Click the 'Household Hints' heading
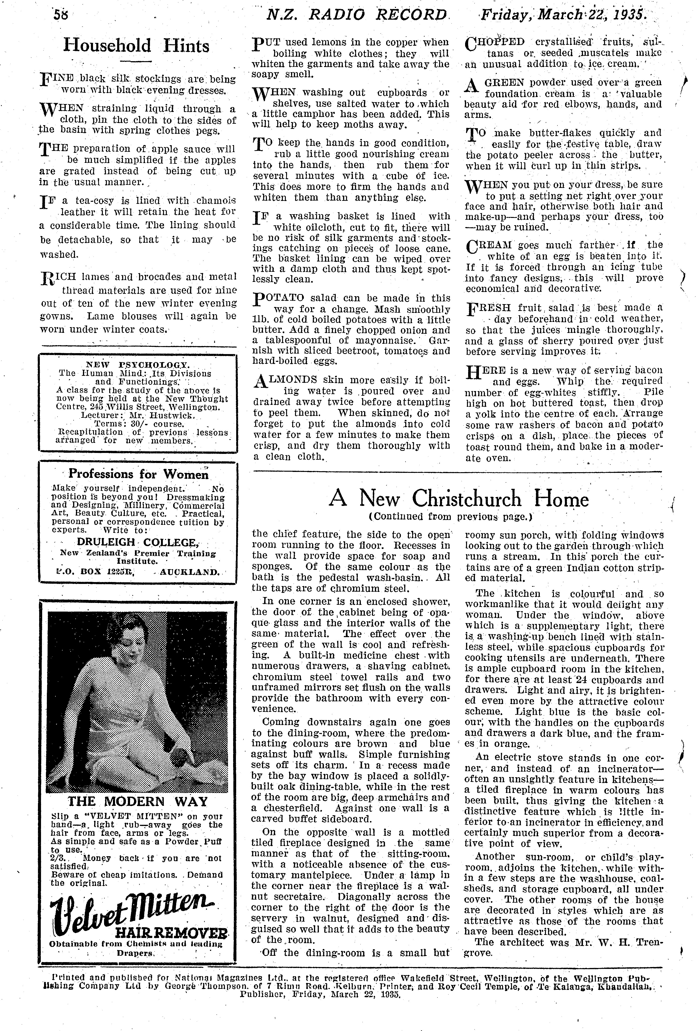pyautogui.click(x=136, y=46)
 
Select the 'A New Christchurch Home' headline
pyautogui.click(x=458, y=499)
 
